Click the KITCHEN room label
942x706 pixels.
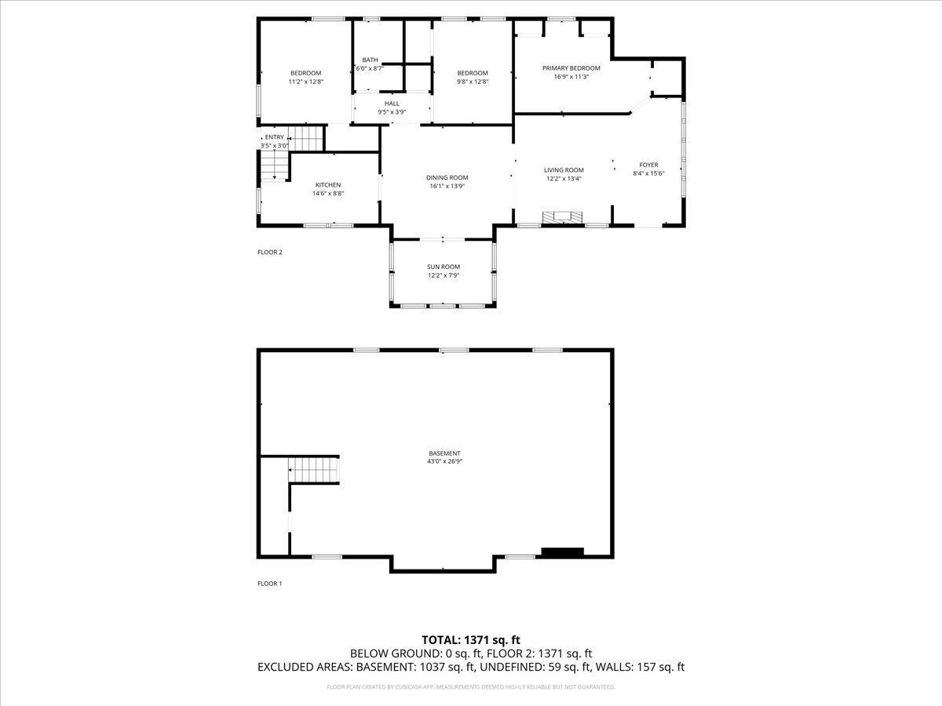click(327, 185)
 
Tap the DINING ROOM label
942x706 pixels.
click(447, 178)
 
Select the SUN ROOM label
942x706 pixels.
click(444, 267)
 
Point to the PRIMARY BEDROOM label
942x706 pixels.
click(571, 68)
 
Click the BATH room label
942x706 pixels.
click(370, 60)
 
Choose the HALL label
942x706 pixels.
click(392, 104)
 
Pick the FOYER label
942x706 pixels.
click(648, 165)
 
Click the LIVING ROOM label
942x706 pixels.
click(564, 170)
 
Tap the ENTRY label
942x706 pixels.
click(274, 137)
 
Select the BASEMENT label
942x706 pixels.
click(444, 453)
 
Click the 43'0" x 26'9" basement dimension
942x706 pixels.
click(444, 462)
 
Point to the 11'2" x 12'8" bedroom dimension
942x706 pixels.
click(305, 82)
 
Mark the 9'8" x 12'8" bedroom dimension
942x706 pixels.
click(473, 82)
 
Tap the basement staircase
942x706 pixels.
click(313, 471)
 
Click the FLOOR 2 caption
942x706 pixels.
click(269, 253)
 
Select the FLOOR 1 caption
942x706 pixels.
click(269, 584)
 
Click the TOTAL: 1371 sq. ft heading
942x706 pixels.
click(471, 639)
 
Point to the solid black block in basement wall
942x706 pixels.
click(563, 552)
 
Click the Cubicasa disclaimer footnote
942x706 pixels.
click(471, 687)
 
